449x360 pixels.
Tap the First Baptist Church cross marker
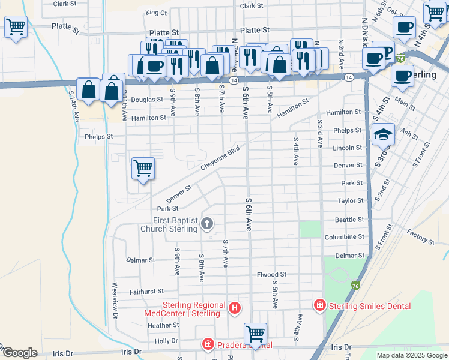[x=207, y=224]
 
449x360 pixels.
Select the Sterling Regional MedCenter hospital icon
[x=235, y=308]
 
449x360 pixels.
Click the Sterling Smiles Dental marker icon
[x=319, y=305]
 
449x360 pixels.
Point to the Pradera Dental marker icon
[x=207, y=344]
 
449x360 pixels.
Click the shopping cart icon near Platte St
[x=16, y=26]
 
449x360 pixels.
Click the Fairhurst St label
[x=147, y=292]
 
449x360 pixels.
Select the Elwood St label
[x=271, y=275]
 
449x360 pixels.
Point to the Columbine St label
[x=344, y=237]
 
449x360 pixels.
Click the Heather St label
[x=163, y=325]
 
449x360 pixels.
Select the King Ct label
[x=155, y=13]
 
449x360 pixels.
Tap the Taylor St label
[x=351, y=201]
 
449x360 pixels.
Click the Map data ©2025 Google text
[x=412, y=355]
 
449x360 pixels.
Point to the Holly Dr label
[x=166, y=341]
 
